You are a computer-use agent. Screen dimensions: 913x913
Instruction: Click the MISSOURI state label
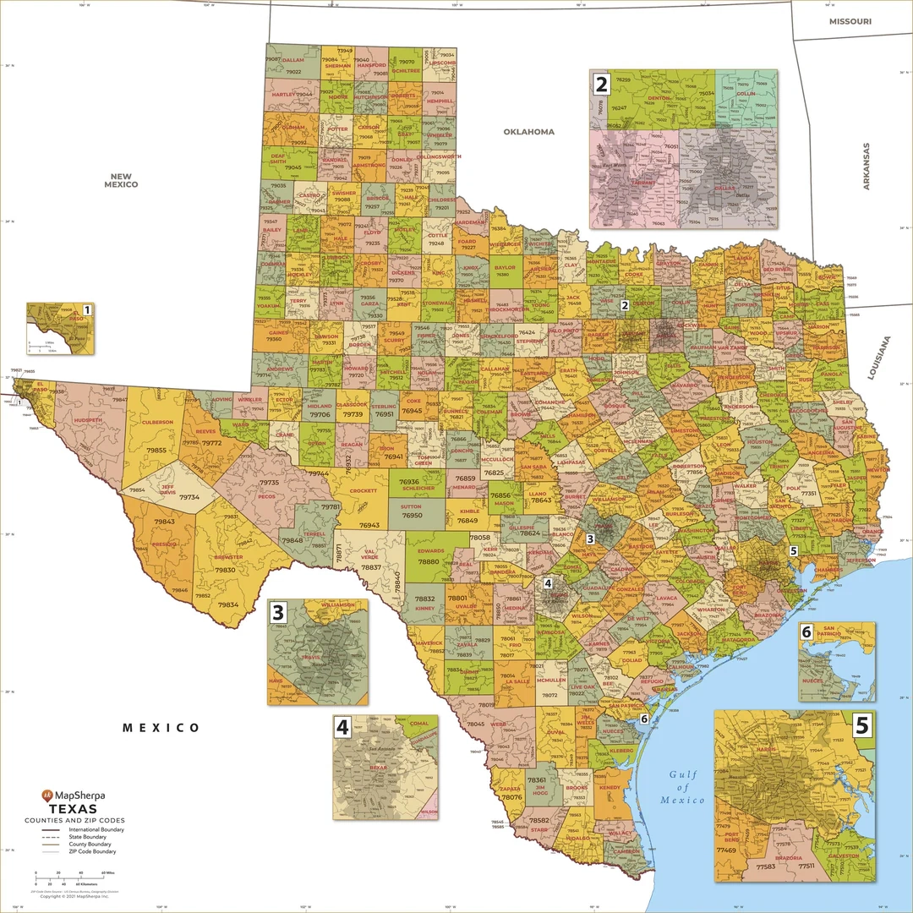tap(850, 20)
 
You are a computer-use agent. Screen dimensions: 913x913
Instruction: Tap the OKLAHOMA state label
tap(529, 132)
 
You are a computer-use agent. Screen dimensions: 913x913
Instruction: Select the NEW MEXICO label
tap(121, 179)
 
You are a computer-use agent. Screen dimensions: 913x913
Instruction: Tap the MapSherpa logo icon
tap(47, 795)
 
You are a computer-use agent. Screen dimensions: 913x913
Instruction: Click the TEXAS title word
tap(74, 809)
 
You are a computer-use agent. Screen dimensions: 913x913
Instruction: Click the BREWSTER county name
tap(228, 557)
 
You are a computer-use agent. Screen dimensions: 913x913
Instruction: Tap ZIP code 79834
tap(228, 604)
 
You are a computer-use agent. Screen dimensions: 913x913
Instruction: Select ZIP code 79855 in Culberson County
tap(156, 451)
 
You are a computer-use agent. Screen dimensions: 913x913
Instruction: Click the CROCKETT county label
tap(363, 490)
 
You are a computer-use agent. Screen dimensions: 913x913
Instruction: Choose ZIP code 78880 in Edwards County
tap(429, 561)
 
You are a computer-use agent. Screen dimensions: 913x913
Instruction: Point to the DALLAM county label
tap(292, 61)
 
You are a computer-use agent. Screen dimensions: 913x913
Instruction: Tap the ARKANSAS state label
tap(866, 166)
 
